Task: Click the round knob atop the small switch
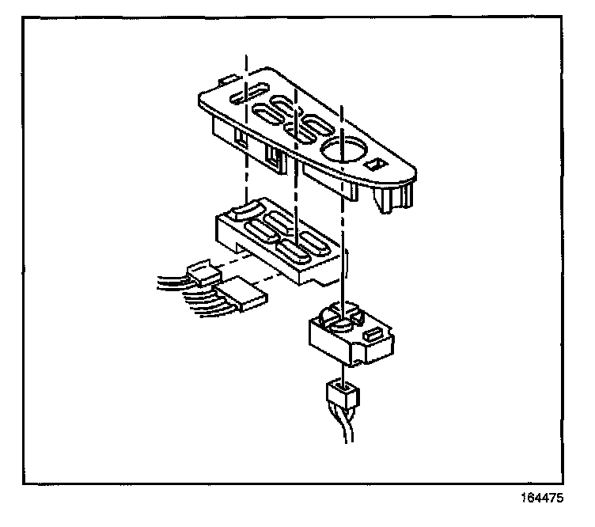pyautogui.click(x=342, y=321)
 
